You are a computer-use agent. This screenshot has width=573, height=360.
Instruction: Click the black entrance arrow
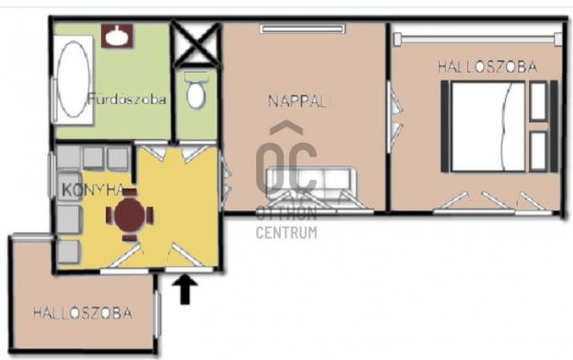[x=185, y=289]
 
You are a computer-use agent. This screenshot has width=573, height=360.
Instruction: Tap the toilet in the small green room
[x=196, y=90]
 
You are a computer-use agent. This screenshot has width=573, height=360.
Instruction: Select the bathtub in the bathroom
[x=73, y=80]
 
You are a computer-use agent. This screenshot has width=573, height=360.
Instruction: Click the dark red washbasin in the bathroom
[x=117, y=36]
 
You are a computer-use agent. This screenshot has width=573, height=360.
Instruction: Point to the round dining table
[x=129, y=215]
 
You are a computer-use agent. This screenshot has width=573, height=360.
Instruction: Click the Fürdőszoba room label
[x=127, y=99]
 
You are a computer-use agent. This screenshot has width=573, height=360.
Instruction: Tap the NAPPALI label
[x=296, y=101]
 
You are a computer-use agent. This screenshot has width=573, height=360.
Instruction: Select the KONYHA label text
[x=93, y=190]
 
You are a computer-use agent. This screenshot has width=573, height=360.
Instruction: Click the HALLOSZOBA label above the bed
[x=487, y=67]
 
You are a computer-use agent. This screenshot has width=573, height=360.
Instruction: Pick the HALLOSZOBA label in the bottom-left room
[x=82, y=313]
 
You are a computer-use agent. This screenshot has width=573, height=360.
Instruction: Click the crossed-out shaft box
[x=196, y=44]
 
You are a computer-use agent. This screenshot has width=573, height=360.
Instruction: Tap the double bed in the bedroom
[x=488, y=126]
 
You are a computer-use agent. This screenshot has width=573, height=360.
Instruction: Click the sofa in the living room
[x=312, y=183]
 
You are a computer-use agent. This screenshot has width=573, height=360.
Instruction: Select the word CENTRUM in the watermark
[x=286, y=233]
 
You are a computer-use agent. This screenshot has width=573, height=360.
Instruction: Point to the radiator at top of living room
[x=303, y=29]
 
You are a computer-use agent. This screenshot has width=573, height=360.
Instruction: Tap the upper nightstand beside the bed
[x=539, y=101]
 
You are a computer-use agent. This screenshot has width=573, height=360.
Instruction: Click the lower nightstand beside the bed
[x=539, y=151]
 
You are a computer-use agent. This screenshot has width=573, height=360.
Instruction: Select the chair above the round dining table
[x=129, y=193]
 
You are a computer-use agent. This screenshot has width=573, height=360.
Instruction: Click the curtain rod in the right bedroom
[x=478, y=39]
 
